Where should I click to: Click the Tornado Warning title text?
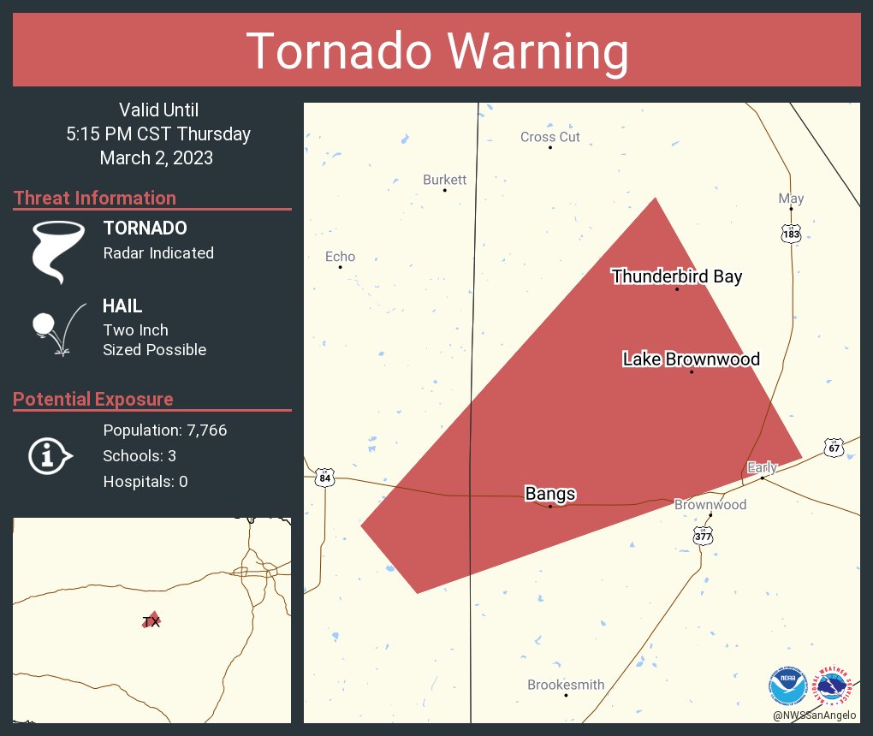(x=436, y=51)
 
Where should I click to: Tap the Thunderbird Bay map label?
(x=676, y=276)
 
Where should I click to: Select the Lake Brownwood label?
(x=691, y=359)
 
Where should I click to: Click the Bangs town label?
(x=549, y=494)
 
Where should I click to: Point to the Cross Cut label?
(x=549, y=137)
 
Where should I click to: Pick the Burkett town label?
(x=444, y=180)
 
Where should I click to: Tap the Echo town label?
(x=340, y=257)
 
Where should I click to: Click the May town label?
(x=791, y=199)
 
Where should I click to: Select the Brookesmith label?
(x=566, y=685)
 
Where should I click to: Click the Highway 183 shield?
(x=791, y=234)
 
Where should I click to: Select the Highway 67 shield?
(x=834, y=448)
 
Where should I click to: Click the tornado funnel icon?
(x=57, y=252)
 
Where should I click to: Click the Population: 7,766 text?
(x=164, y=430)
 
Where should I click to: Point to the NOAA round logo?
(x=787, y=686)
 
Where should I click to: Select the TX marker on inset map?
(x=151, y=621)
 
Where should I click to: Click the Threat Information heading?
(x=94, y=199)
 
